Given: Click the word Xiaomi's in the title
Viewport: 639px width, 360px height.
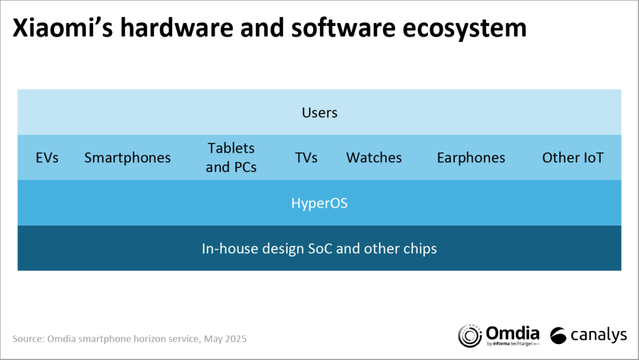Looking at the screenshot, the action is tap(63, 28).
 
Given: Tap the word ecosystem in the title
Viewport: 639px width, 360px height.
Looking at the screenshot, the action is tap(464, 28).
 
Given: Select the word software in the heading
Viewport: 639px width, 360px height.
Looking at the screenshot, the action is tap(343, 28).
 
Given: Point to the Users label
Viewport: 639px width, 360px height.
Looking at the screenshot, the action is tap(319, 112).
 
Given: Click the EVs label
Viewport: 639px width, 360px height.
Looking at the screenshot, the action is tap(47, 157).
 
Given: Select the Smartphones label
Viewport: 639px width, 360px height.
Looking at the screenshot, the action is tap(128, 157).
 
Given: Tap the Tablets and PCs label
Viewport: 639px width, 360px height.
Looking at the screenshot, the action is tap(231, 157).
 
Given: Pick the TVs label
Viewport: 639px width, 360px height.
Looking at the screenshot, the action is tap(306, 157).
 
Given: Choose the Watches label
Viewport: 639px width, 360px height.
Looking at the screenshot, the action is tap(374, 157).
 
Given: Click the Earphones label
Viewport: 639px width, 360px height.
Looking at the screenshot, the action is tap(471, 157).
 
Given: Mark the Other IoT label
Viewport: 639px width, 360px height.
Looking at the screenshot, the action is tap(573, 157).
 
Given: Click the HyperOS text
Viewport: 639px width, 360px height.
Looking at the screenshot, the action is tap(319, 203).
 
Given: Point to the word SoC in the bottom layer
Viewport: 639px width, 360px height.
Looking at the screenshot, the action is tap(320, 248).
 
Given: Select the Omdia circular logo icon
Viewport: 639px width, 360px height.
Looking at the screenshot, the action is tap(470, 336).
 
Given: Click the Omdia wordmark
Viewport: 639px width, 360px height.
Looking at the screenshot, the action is tap(512, 333).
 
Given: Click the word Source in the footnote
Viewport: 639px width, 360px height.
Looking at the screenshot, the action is tap(28, 339).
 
